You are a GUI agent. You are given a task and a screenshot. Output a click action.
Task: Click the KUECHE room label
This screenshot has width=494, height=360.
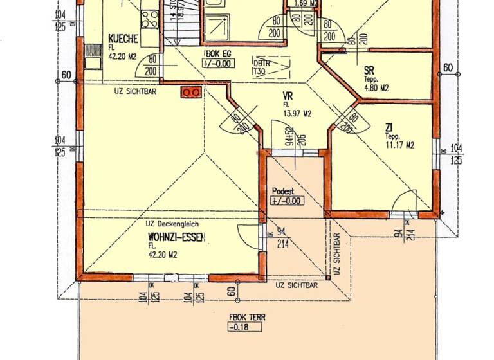tap(123, 39)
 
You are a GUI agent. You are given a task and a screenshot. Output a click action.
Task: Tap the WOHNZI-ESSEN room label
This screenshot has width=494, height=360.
tap(176, 238)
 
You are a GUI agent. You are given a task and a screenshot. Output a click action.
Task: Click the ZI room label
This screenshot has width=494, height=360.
tap(390, 127)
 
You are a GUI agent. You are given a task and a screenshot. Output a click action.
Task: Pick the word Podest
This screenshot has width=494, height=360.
tap(284, 191)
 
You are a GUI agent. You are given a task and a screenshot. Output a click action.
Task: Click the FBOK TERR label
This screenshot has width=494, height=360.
tap(247, 317)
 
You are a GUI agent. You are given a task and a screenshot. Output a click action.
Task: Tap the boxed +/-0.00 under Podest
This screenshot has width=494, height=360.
tap(287, 201)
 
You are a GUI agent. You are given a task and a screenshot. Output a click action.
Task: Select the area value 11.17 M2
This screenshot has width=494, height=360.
tap(399, 145)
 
